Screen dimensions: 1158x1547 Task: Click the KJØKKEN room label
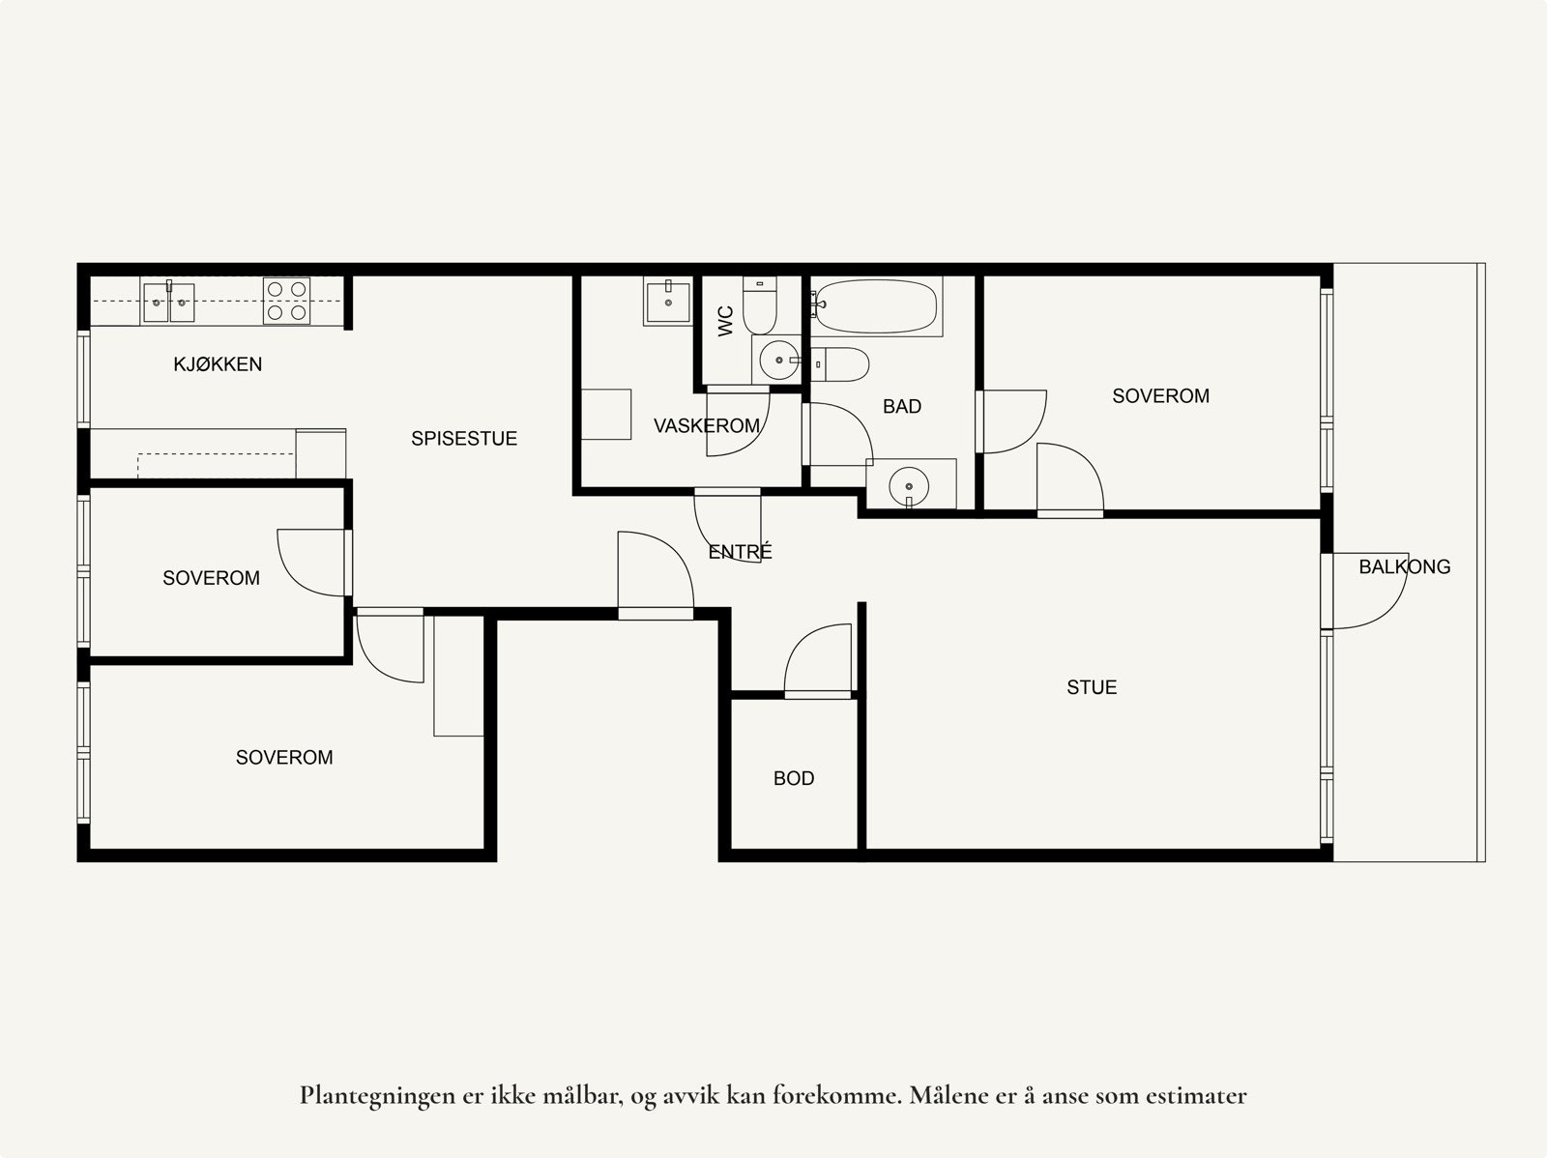coord(218,364)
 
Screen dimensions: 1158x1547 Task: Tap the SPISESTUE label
coord(464,439)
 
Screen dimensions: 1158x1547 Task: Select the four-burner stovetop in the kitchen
coord(287,301)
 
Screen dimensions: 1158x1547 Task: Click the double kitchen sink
coord(168,303)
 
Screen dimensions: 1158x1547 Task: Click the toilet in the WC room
coord(760,304)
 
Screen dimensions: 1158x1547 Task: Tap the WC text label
coord(726,320)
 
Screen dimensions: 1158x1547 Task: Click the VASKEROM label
coord(706,426)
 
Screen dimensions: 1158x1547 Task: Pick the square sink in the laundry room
coord(668,302)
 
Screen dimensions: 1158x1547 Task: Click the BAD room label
coord(901,407)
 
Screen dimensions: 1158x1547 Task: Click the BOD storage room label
coord(794,778)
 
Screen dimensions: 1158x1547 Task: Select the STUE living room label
coord(1092,687)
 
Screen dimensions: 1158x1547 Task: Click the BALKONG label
coord(1404,567)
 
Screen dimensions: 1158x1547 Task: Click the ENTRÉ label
coord(741,552)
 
